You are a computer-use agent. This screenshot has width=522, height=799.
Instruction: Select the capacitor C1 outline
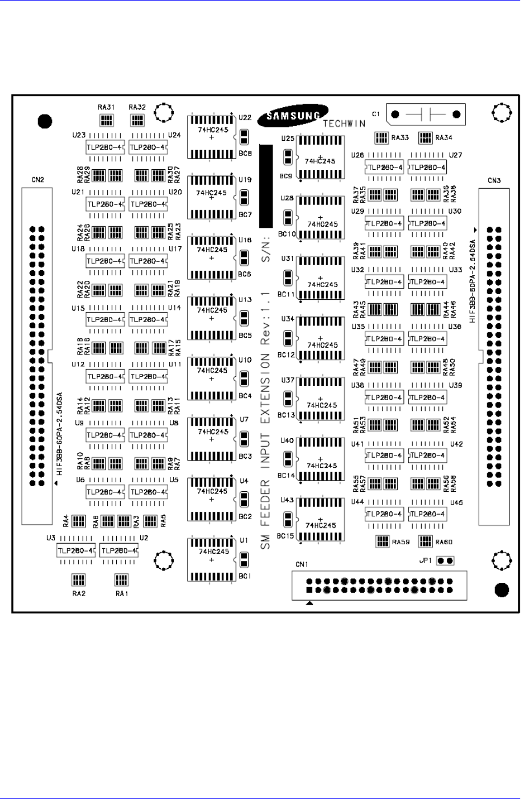coord(425,115)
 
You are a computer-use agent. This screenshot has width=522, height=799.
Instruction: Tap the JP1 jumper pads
coord(445,561)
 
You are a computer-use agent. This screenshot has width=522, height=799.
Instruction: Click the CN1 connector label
coord(301,565)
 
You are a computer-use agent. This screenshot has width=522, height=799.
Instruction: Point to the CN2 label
coord(38,180)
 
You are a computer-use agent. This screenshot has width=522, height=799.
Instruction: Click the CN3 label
coord(494,181)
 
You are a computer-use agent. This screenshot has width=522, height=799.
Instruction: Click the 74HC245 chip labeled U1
coord(212,560)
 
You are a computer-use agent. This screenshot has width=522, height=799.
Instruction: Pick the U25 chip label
coord(288,138)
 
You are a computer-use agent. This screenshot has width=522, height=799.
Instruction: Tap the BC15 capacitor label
coord(286,536)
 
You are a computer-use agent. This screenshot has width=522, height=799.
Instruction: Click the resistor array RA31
coord(106,120)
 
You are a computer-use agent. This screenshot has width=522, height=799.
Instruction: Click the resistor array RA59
coord(382,541)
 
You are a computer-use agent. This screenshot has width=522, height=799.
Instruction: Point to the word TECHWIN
coord(344,124)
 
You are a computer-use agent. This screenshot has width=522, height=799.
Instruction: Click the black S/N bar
coord(266,186)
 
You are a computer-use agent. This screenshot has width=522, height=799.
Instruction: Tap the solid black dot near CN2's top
coord(44,121)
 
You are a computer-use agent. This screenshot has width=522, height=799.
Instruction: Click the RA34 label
coord(444,137)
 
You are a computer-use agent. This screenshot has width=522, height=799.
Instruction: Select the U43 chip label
coord(287,500)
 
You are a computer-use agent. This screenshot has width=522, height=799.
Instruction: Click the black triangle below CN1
coord(309,603)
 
